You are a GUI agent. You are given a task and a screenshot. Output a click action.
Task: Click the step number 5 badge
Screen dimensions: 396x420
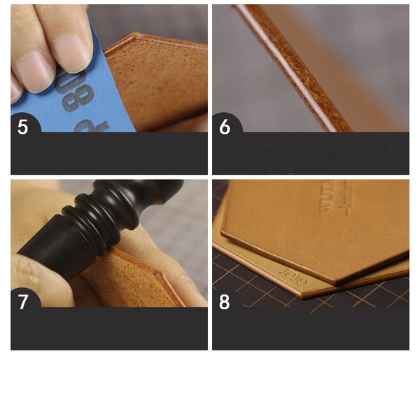tap(23, 128)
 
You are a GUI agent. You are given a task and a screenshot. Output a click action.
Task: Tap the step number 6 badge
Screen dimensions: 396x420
tap(225, 128)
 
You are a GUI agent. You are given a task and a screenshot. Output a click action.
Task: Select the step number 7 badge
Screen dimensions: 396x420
tap(23, 302)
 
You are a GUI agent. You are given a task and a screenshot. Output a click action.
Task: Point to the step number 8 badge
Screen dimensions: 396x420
tap(225, 302)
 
